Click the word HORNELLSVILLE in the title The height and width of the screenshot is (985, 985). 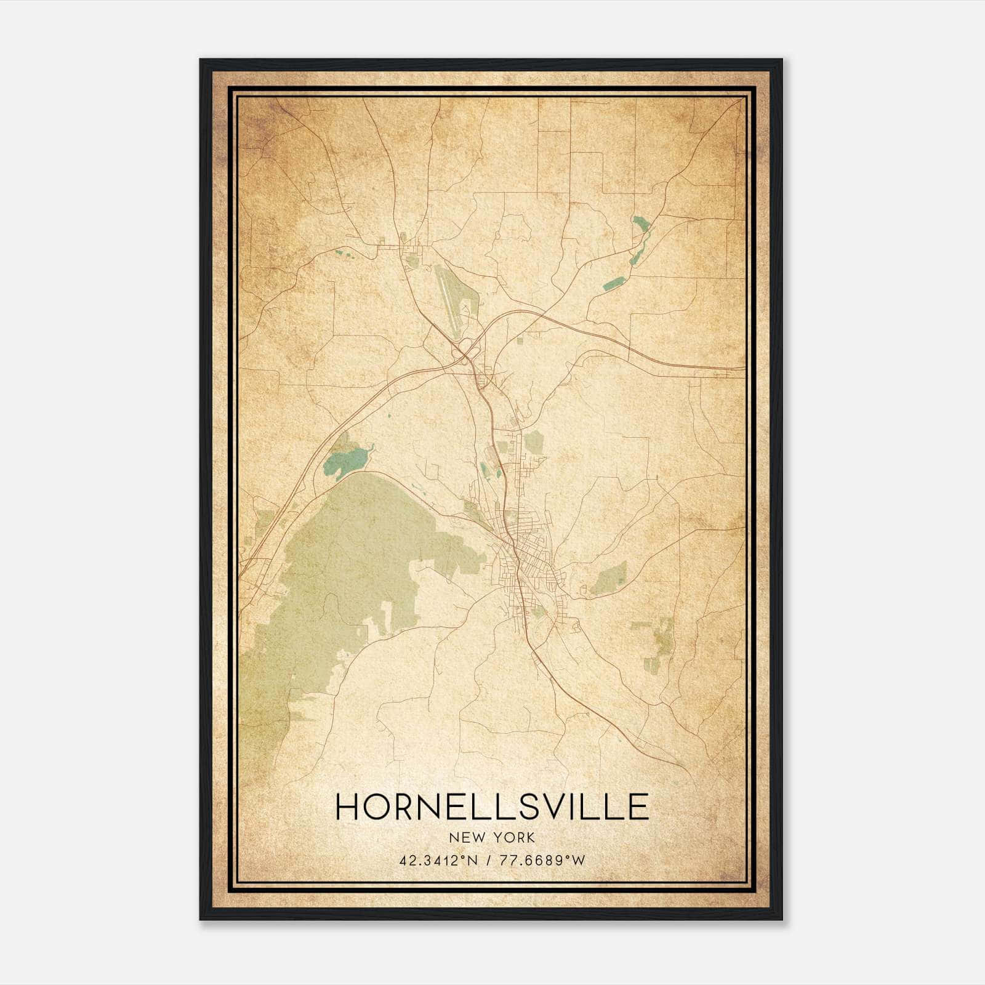492,806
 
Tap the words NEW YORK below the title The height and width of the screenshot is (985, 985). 492,837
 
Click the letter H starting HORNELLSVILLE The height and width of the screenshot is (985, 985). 349,806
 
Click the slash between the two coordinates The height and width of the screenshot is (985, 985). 487,860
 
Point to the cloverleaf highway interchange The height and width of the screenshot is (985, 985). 464,352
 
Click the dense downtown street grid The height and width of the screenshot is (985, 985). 523,554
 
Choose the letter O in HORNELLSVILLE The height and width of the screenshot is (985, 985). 381,806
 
